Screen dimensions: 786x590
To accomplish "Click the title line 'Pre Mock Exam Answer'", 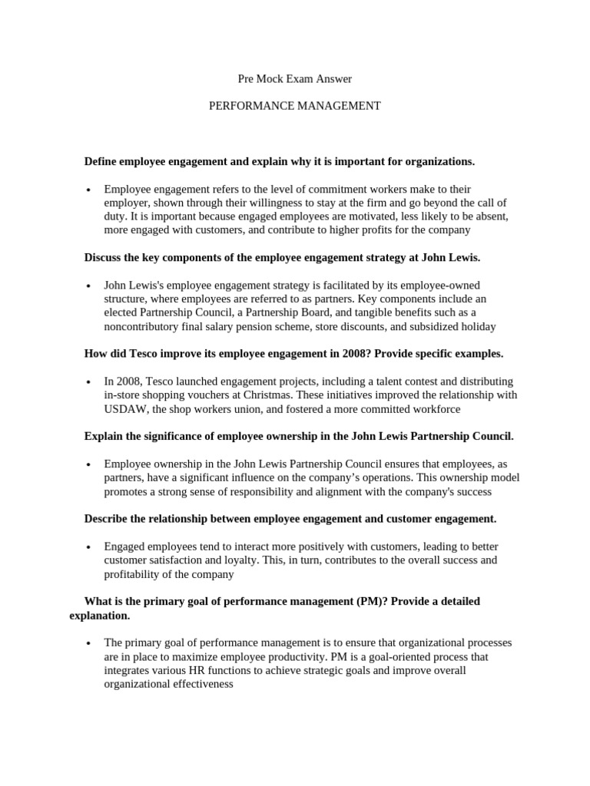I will click(295, 78).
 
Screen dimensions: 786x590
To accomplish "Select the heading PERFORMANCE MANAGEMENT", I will click(295, 106).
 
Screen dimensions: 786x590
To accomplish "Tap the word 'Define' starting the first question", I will click(102, 161).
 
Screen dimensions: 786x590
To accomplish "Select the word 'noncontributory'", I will click(143, 326).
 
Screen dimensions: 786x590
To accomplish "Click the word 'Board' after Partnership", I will click(330, 312).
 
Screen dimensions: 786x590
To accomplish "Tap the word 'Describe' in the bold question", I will click(106, 519).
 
